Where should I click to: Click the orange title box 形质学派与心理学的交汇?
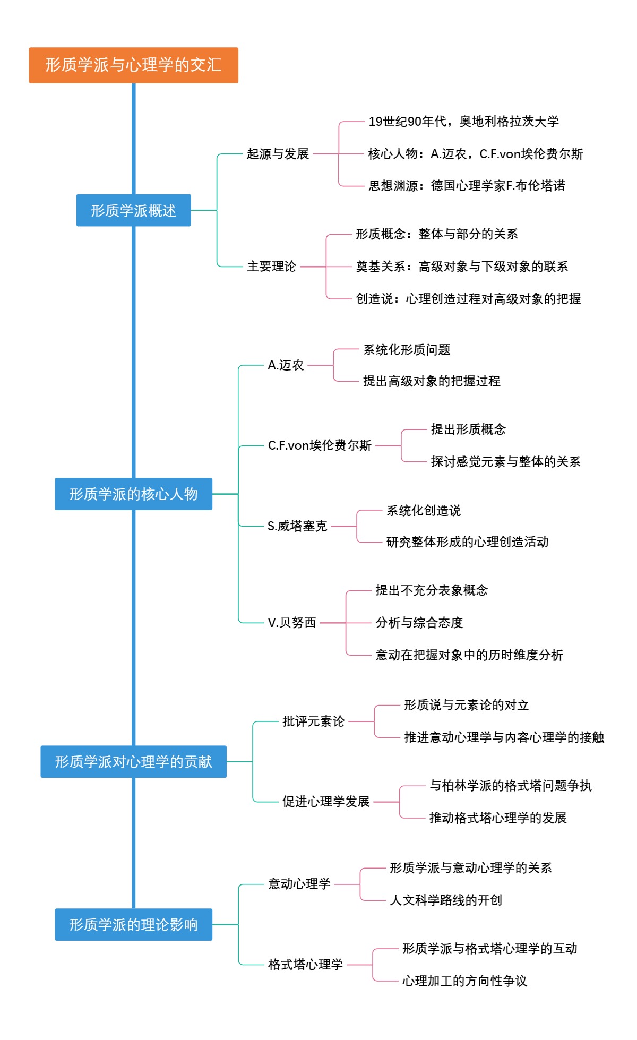click(133, 65)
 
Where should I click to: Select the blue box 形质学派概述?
click(133, 211)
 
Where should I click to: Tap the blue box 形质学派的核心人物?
click(133, 494)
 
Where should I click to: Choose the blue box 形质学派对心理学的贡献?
click(133, 762)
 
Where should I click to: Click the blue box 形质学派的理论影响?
click(133, 925)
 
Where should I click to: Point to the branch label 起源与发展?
click(278, 154)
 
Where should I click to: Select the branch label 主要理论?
click(271, 267)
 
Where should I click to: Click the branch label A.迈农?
click(286, 365)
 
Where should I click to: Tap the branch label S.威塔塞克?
click(297, 526)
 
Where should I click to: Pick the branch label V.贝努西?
click(291, 623)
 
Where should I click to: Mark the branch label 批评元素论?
click(313, 721)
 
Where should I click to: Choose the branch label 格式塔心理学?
click(305, 965)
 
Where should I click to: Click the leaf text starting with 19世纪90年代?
click(463, 122)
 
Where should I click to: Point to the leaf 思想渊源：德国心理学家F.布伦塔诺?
click(467, 186)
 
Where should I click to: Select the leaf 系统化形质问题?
click(407, 350)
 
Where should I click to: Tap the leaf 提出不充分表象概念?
click(432, 590)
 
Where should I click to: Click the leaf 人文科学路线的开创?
click(445, 900)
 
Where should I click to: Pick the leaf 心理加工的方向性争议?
click(464, 981)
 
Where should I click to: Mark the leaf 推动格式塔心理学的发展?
click(497, 818)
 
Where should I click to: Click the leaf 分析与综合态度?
click(419, 623)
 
